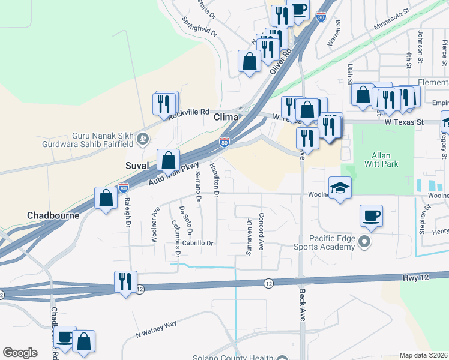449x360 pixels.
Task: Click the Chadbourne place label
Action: [53, 215]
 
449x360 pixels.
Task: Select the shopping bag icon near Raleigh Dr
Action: [106, 198]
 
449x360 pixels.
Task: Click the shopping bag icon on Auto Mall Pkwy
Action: [169, 160]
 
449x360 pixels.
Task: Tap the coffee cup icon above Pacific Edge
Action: [371, 215]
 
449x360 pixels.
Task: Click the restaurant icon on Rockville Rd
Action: [164, 104]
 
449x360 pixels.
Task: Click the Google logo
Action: [20, 353]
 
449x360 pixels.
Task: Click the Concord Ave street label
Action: [261, 232]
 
